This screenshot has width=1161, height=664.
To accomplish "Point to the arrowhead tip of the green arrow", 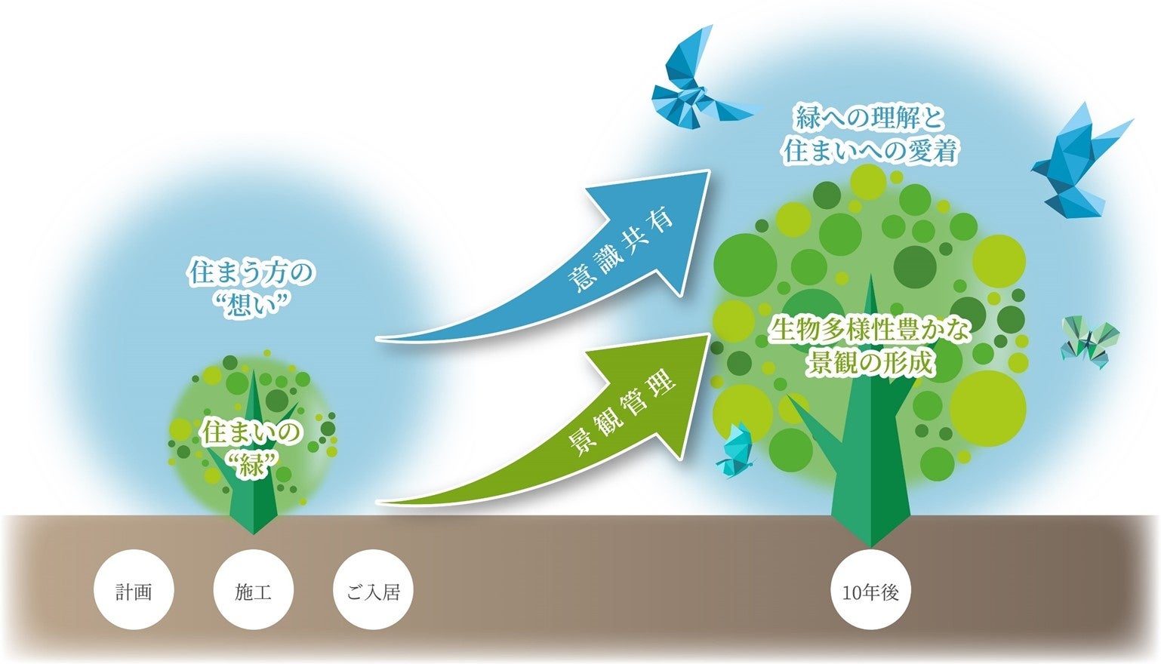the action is coord(707,337).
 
